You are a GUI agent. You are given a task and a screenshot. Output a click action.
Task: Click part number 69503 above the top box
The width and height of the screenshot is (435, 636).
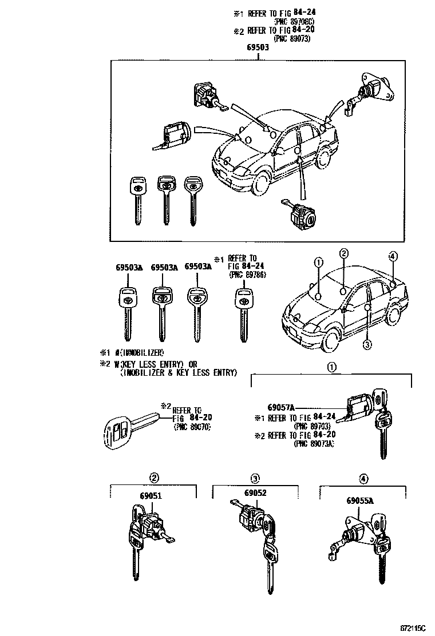pos(258,49)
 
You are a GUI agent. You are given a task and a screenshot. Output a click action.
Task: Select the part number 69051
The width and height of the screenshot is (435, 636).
pos(151,496)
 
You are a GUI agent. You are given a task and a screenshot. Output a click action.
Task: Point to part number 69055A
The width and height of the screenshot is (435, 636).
pos(359,500)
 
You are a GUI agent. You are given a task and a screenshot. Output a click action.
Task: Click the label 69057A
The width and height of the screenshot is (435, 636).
pos(280,408)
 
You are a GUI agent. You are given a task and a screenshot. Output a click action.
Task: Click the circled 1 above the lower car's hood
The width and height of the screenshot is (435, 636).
pos(319,263)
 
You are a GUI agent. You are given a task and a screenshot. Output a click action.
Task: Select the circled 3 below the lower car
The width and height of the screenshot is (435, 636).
pos(367,344)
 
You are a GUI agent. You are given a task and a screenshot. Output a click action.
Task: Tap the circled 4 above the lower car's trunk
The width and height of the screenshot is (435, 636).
pos(393,256)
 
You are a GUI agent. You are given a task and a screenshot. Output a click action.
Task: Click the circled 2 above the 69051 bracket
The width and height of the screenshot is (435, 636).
pos(154,478)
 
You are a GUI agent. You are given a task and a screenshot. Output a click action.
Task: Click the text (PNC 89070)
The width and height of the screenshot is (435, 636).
pos(192,427)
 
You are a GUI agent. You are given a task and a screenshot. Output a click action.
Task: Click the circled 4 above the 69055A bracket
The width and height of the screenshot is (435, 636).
pos(363,478)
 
